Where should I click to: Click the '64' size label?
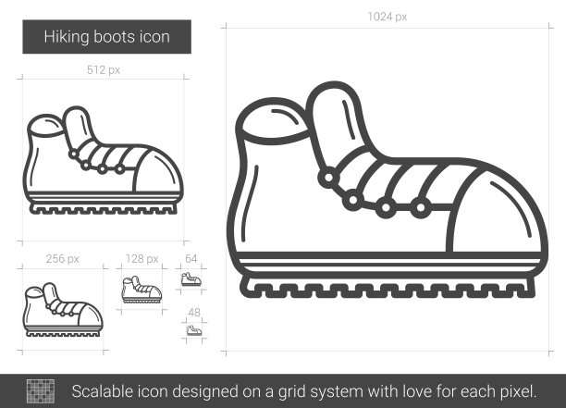click(191, 258)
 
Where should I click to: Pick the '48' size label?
click(194, 312)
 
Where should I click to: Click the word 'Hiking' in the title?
click(67, 37)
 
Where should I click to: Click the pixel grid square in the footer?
click(41, 391)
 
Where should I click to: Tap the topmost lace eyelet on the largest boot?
click(329, 178)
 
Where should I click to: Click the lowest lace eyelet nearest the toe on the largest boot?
click(421, 207)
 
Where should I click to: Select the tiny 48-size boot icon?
click(194, 330)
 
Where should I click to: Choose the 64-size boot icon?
click(191, 279)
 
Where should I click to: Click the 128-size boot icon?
click(141, 290)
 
